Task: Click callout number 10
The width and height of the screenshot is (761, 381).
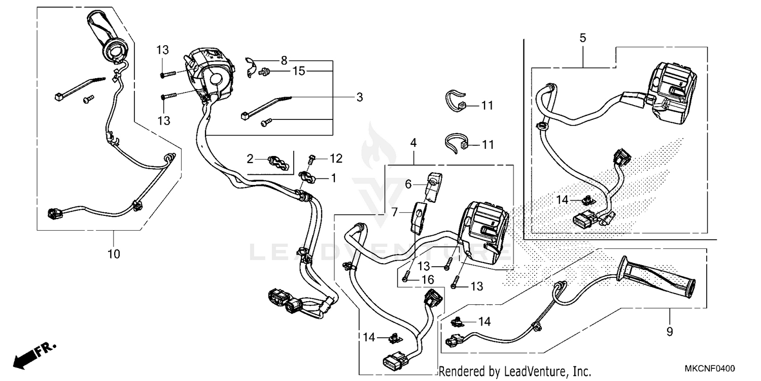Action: click(x=114, y=253)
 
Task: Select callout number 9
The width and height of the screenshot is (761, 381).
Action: click(x=670, y=331)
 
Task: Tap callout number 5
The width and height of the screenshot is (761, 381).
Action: click(x=582, y=38)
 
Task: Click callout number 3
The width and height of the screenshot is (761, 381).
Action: click(x=359, y=97)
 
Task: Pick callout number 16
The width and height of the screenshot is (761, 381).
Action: click(x=427, y=279)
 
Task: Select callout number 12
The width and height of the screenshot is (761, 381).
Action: click(x=336, y=159)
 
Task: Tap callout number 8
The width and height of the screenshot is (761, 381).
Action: click(x=284, y=59)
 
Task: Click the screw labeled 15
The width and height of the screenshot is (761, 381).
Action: click(x=264, y=73)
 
